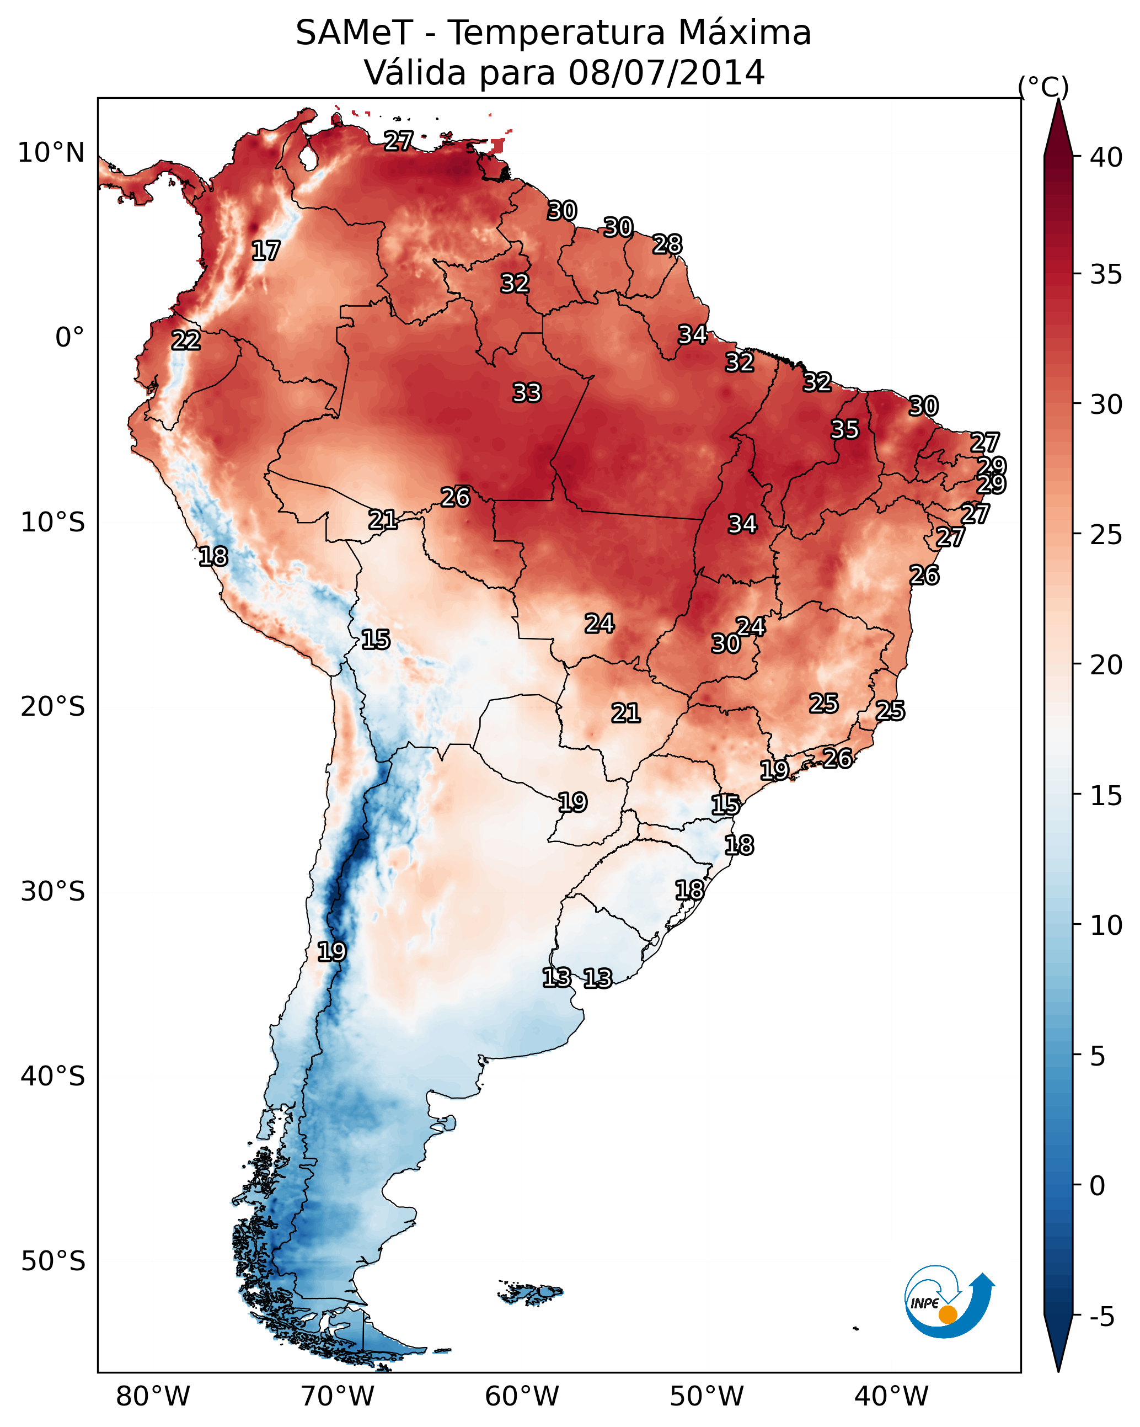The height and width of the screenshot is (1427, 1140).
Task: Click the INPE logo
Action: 948,1303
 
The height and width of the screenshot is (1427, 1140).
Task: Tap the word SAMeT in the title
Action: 354,33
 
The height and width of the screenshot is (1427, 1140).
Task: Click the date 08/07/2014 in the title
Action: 666,73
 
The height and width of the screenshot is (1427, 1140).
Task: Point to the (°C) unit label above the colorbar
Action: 1043,87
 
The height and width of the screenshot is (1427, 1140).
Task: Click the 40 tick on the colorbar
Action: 1106,157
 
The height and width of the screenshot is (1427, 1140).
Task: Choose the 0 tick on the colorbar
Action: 1097,1186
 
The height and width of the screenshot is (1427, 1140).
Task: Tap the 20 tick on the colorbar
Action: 1106,664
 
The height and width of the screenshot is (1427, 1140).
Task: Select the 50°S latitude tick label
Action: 53,1261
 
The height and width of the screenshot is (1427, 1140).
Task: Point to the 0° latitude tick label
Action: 69,338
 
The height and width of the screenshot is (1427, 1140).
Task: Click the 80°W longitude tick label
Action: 153,1397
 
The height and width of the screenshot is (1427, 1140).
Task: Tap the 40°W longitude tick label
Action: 891,1397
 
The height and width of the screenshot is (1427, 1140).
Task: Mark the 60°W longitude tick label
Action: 522,1397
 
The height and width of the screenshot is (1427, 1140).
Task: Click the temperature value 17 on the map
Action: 266,251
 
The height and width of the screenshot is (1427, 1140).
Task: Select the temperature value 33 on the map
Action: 527,393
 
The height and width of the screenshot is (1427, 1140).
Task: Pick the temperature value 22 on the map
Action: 186,341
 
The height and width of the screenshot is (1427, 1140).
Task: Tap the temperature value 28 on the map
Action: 667,245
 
